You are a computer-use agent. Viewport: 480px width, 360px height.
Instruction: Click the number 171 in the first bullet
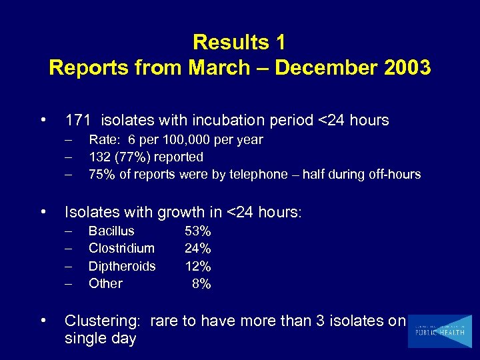coord(78,121)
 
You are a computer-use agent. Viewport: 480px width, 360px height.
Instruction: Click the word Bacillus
coord(111,231)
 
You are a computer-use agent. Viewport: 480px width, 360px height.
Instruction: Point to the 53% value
coord(198,231)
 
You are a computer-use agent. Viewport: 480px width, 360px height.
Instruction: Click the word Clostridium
coord(121,249)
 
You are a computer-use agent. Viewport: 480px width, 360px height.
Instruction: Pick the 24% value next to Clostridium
coord(198,249)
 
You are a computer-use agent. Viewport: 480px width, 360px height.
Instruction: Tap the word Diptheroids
coord(122,266)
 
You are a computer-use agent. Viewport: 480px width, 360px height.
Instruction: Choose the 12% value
coord(198,266)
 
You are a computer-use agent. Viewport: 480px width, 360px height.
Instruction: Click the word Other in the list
coord(105,283)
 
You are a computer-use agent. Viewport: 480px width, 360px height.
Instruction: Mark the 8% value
coord(201,283)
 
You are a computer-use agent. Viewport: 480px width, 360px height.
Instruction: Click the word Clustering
coord(102,321)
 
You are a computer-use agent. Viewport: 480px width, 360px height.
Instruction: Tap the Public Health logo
coord(439,331)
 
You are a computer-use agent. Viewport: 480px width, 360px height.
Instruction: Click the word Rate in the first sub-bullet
coord(103,140)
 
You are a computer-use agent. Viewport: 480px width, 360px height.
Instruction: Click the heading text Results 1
coord(239,43)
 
